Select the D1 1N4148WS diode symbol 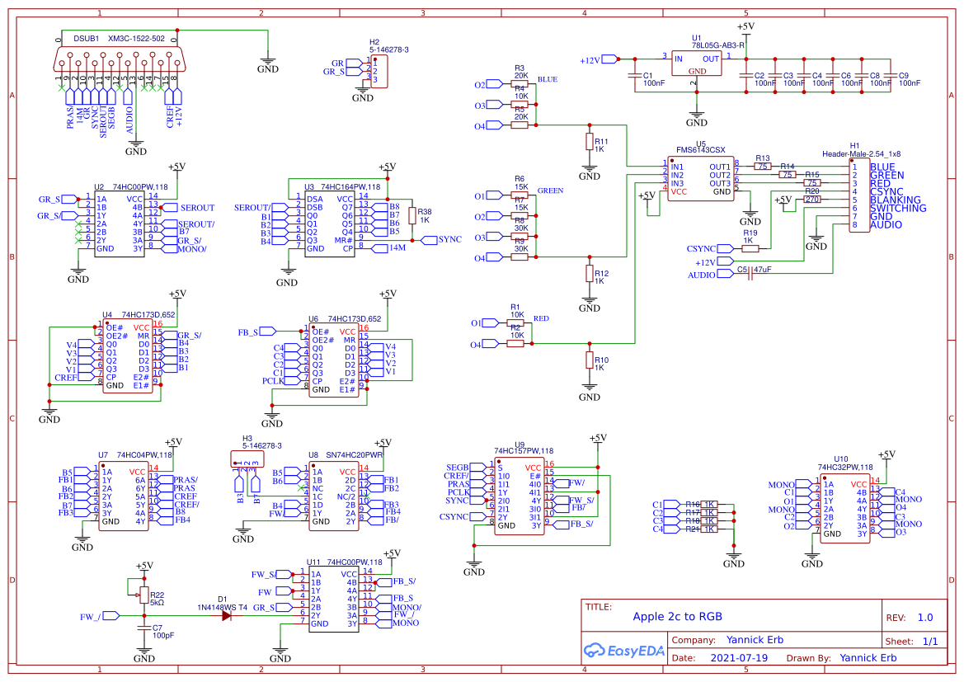coord(226,616)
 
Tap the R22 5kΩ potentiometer coord(144,595)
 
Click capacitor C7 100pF coord(144,628)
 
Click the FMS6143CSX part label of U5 coord(700,150)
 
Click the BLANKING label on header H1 coord(895,200)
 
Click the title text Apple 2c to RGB coord(677,617)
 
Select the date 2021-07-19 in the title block coord(738,658)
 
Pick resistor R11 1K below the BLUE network coord(589,142)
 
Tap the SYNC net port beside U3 coord(429,240)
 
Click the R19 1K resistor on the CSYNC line coord(750,248)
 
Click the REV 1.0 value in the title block coord(924,618)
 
